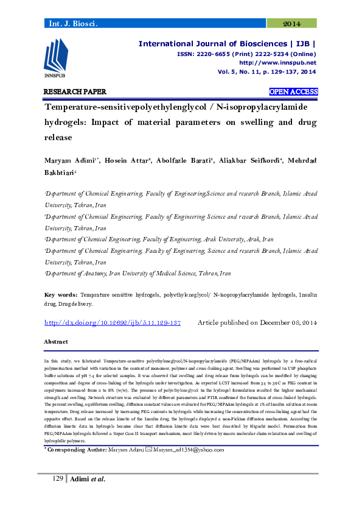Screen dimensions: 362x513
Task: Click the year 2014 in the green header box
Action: coord(292,24)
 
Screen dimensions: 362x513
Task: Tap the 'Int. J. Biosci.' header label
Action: coord(72,24)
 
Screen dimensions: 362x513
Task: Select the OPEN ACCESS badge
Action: coord(293,92)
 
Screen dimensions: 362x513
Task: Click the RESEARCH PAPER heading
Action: coord(75,92)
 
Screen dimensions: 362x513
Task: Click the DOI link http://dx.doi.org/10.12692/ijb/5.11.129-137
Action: coord(113,322)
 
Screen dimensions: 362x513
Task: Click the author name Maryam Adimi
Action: coord(68,160)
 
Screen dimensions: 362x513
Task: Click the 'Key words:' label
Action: coord(60,294)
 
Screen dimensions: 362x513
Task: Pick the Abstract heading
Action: coord(55,342)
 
